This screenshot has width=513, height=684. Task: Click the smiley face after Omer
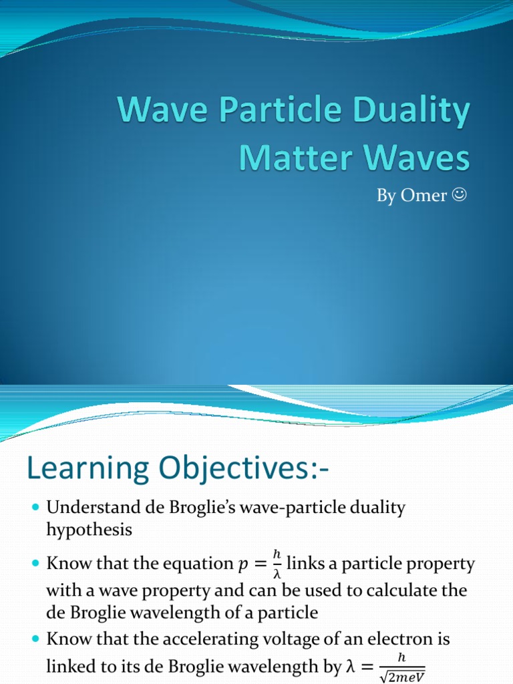(459, 196)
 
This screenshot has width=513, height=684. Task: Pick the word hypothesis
(90, 530)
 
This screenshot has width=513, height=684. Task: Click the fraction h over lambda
(277, 564)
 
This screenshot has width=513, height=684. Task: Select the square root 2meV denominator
(401, 673)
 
